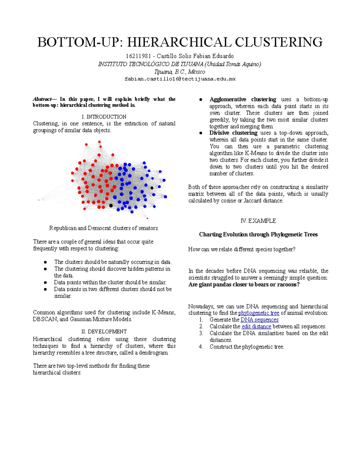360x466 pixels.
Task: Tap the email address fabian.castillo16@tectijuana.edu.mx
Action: [180, 79]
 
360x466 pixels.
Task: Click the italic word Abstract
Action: [42, 99]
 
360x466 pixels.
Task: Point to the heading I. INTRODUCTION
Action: [104, 117]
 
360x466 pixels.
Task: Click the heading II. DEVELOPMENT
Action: [104, 332]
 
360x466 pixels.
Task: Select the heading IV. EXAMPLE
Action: [258, 221]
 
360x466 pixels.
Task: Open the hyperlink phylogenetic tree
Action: [259, 313]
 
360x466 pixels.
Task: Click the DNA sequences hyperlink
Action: [259, 320]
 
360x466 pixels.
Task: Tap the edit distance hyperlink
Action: [256, 326]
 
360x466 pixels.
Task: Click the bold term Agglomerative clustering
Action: [242, 99]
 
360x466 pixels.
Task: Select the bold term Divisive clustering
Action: [233, 133]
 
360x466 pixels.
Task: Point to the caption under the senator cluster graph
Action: [104, 228]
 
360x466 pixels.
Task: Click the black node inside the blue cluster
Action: [152, 188]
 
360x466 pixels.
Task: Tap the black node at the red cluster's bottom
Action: [111, 206]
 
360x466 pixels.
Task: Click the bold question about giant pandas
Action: [244, 284]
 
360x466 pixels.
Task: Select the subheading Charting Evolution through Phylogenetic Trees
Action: [258, 235]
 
